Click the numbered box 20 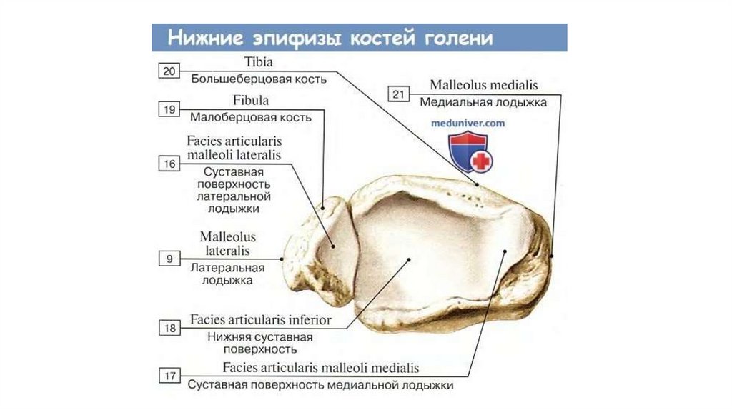click(x=169, y=71)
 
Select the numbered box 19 click(x=169, y=109)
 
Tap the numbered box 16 click(x=169, y=164)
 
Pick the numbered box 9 click(x=169, y=259)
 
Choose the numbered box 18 click(x=169, y=328)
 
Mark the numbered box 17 click(x=169, y=375)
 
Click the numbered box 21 click(x=399, y=94)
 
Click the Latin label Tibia click(x=239, y=63)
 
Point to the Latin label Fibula click(x=250, y=101)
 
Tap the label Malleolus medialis click(x=483, y=86)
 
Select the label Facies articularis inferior click(x=260, y=320)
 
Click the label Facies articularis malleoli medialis click(x=320, y=368)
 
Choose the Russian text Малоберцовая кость click(x=255, y=116)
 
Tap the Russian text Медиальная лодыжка click(x=483, y=102)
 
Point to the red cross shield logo click(x=468, y=151)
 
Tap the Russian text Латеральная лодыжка click(x=227, y=274)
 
